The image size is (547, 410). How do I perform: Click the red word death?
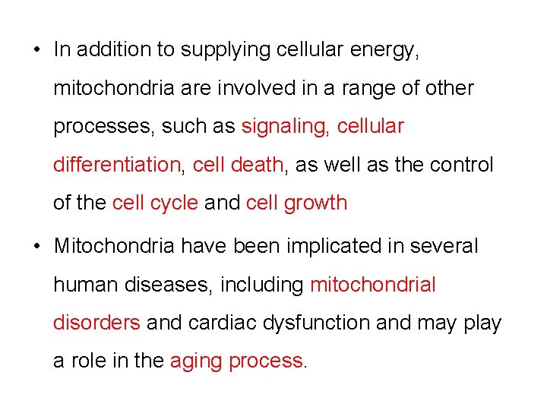(x=258, y=164)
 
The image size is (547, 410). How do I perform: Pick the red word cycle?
(x=173, y=203)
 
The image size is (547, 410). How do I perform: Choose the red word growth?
(x=315, y=203)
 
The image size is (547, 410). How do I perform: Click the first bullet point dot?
(x=36, y=50)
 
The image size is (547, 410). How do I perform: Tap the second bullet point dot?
(x=36, y=246)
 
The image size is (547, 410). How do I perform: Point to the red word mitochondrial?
(x=373, y=285)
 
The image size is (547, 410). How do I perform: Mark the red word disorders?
(x=96, y=323)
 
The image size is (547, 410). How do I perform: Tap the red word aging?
(x=195, y=361)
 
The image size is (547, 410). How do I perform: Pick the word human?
(x=80, y=285)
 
